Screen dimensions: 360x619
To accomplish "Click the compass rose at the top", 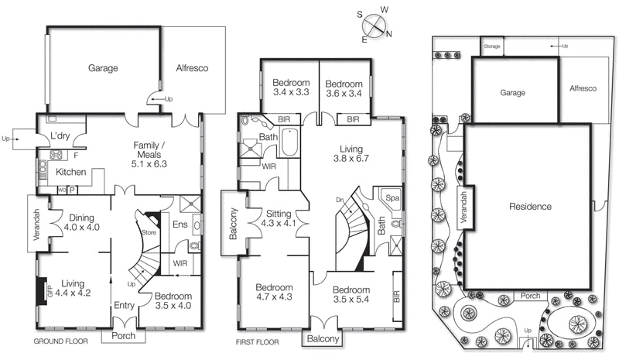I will click(375, 24).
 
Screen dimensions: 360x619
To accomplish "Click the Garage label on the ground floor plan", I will click(102, 69).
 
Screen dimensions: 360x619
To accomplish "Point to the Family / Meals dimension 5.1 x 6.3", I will click(150, 164).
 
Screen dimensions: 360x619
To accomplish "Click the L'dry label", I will click(61, 136).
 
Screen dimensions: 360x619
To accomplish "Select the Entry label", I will click(124, 305).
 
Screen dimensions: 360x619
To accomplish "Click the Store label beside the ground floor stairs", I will click(149, 231).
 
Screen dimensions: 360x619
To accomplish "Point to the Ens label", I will click(180, 225).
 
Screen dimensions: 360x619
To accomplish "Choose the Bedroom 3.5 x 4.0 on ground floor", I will click(173, 301).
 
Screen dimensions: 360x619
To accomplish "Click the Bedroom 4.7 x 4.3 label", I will click(275, 292).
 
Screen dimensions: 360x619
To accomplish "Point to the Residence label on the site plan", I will click(530, 207).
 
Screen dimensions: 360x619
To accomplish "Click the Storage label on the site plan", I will click(492, 46).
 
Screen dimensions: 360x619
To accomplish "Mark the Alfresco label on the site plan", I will click(583, 89).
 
